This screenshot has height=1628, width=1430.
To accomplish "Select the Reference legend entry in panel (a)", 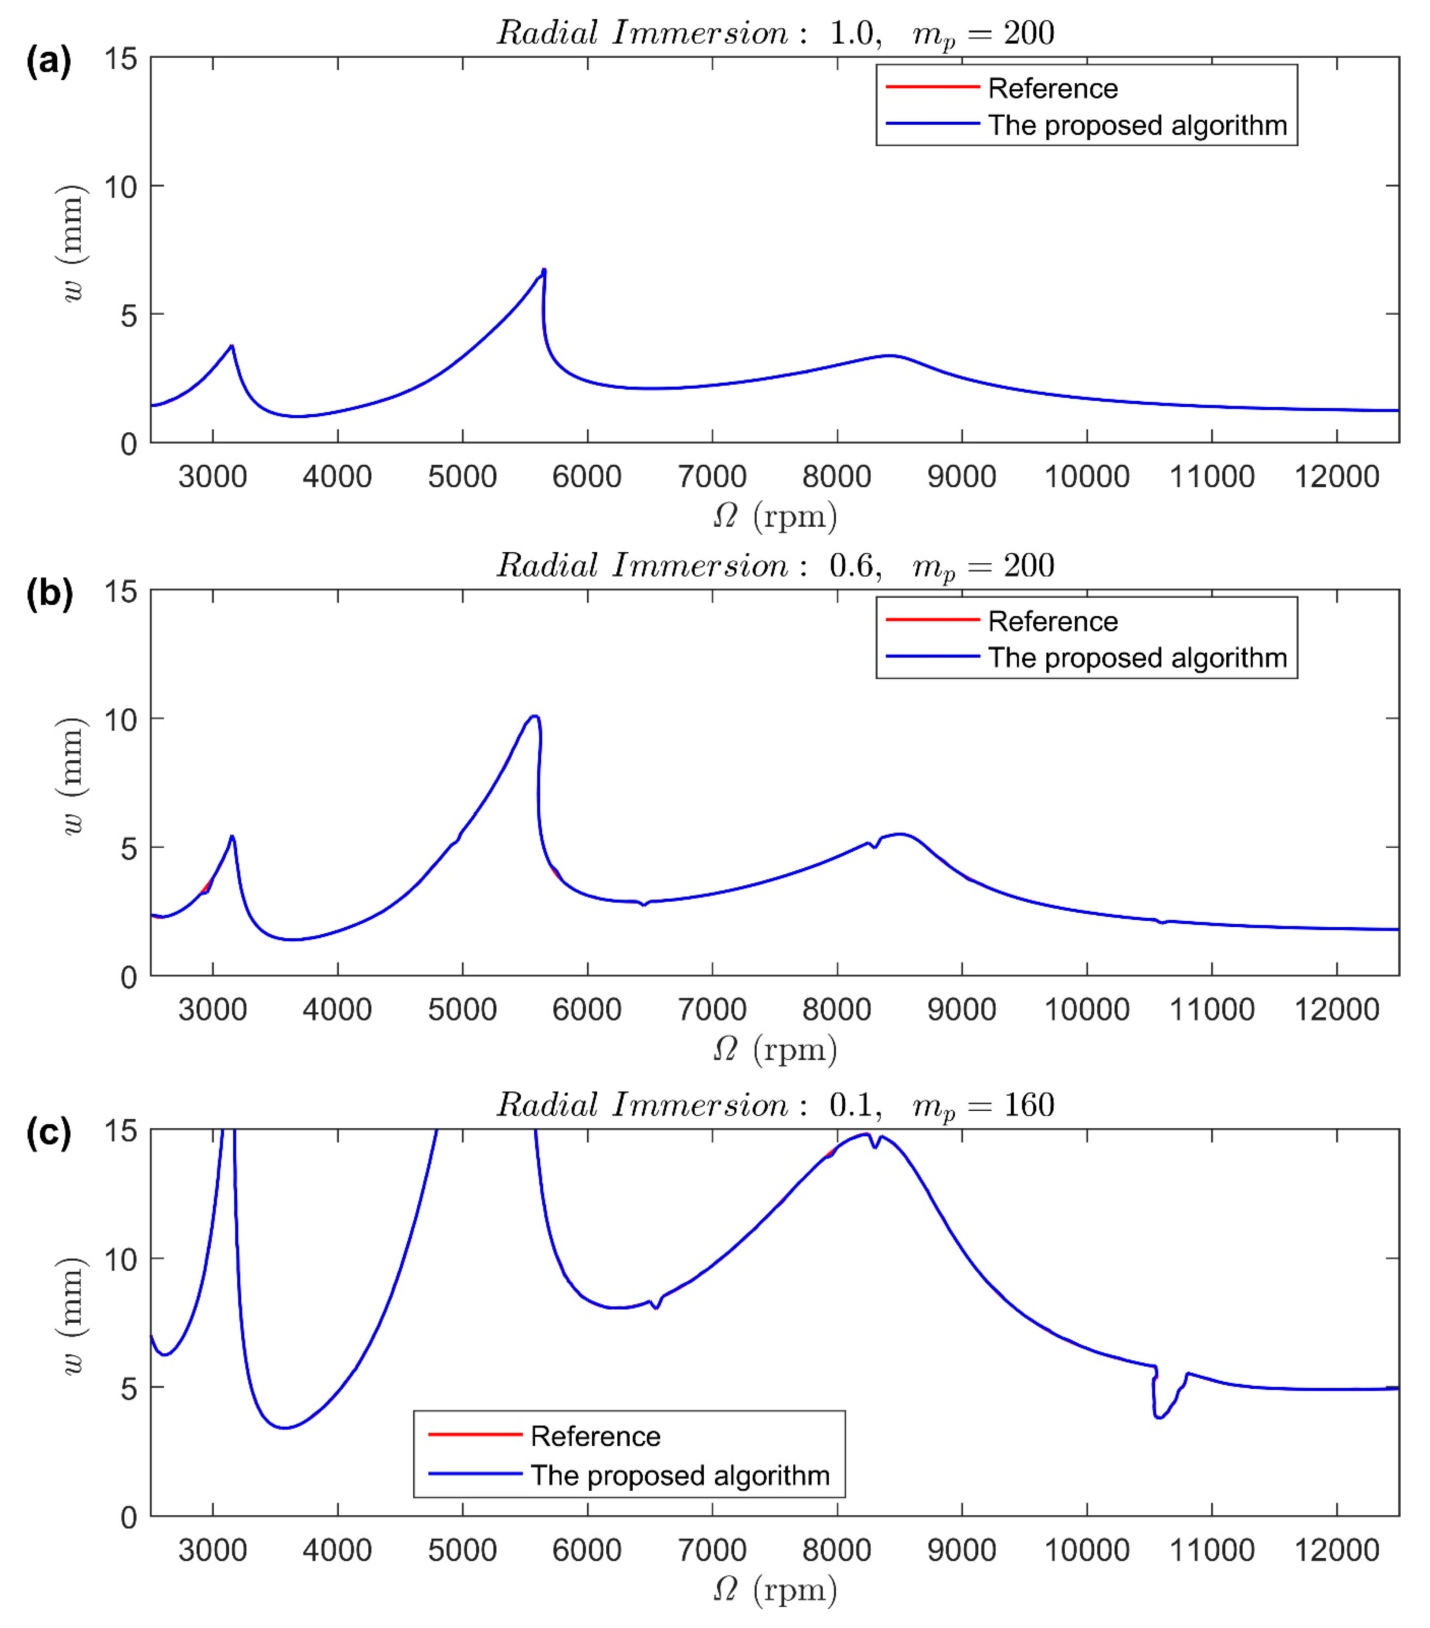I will pos(1052,88).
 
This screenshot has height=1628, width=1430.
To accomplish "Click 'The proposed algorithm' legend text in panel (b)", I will pos(1137,658).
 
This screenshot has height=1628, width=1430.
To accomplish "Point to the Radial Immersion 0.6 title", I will pos(774,566).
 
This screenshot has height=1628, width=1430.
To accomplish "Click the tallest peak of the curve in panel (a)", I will pos(543,271).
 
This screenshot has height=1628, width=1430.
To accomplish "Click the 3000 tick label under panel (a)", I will pos(212,477).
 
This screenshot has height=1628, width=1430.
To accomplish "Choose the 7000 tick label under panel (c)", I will pos(711,1550).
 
